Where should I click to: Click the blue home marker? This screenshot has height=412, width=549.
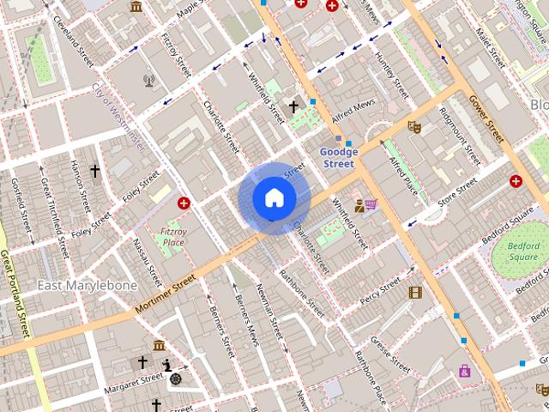pyautogui.click(x=274, y=198)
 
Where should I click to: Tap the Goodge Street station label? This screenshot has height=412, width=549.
pyautogui.click(x=337, y=158)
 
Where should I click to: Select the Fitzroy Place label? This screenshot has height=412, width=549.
pyautogui.click(x=173, y=237)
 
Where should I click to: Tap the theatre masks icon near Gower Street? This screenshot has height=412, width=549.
pyautogui.click(x=414, y=127)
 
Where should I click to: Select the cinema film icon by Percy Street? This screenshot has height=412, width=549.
pyautogui.click(x=416, y=293)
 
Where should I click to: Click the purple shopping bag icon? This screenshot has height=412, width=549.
pyautogui.click(x=464, y=371)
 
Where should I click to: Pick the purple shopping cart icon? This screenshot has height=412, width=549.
pyautogui.click(x=371, y=204)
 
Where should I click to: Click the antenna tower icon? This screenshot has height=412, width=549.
pyautogui.click(x=148, y=81)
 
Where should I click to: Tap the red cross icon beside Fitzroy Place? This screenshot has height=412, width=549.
pyautogui.click(x=184, y=203)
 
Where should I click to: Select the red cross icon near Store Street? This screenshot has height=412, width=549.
pyautogui.click(x=516, y=181)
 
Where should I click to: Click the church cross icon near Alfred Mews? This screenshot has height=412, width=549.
pyautogui.click(x=293, y=107)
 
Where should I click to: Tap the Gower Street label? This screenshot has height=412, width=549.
pyautogui.click(x=485, y=118)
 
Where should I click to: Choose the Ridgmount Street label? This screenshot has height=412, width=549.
pyautogui.click(x=459, y=136)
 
